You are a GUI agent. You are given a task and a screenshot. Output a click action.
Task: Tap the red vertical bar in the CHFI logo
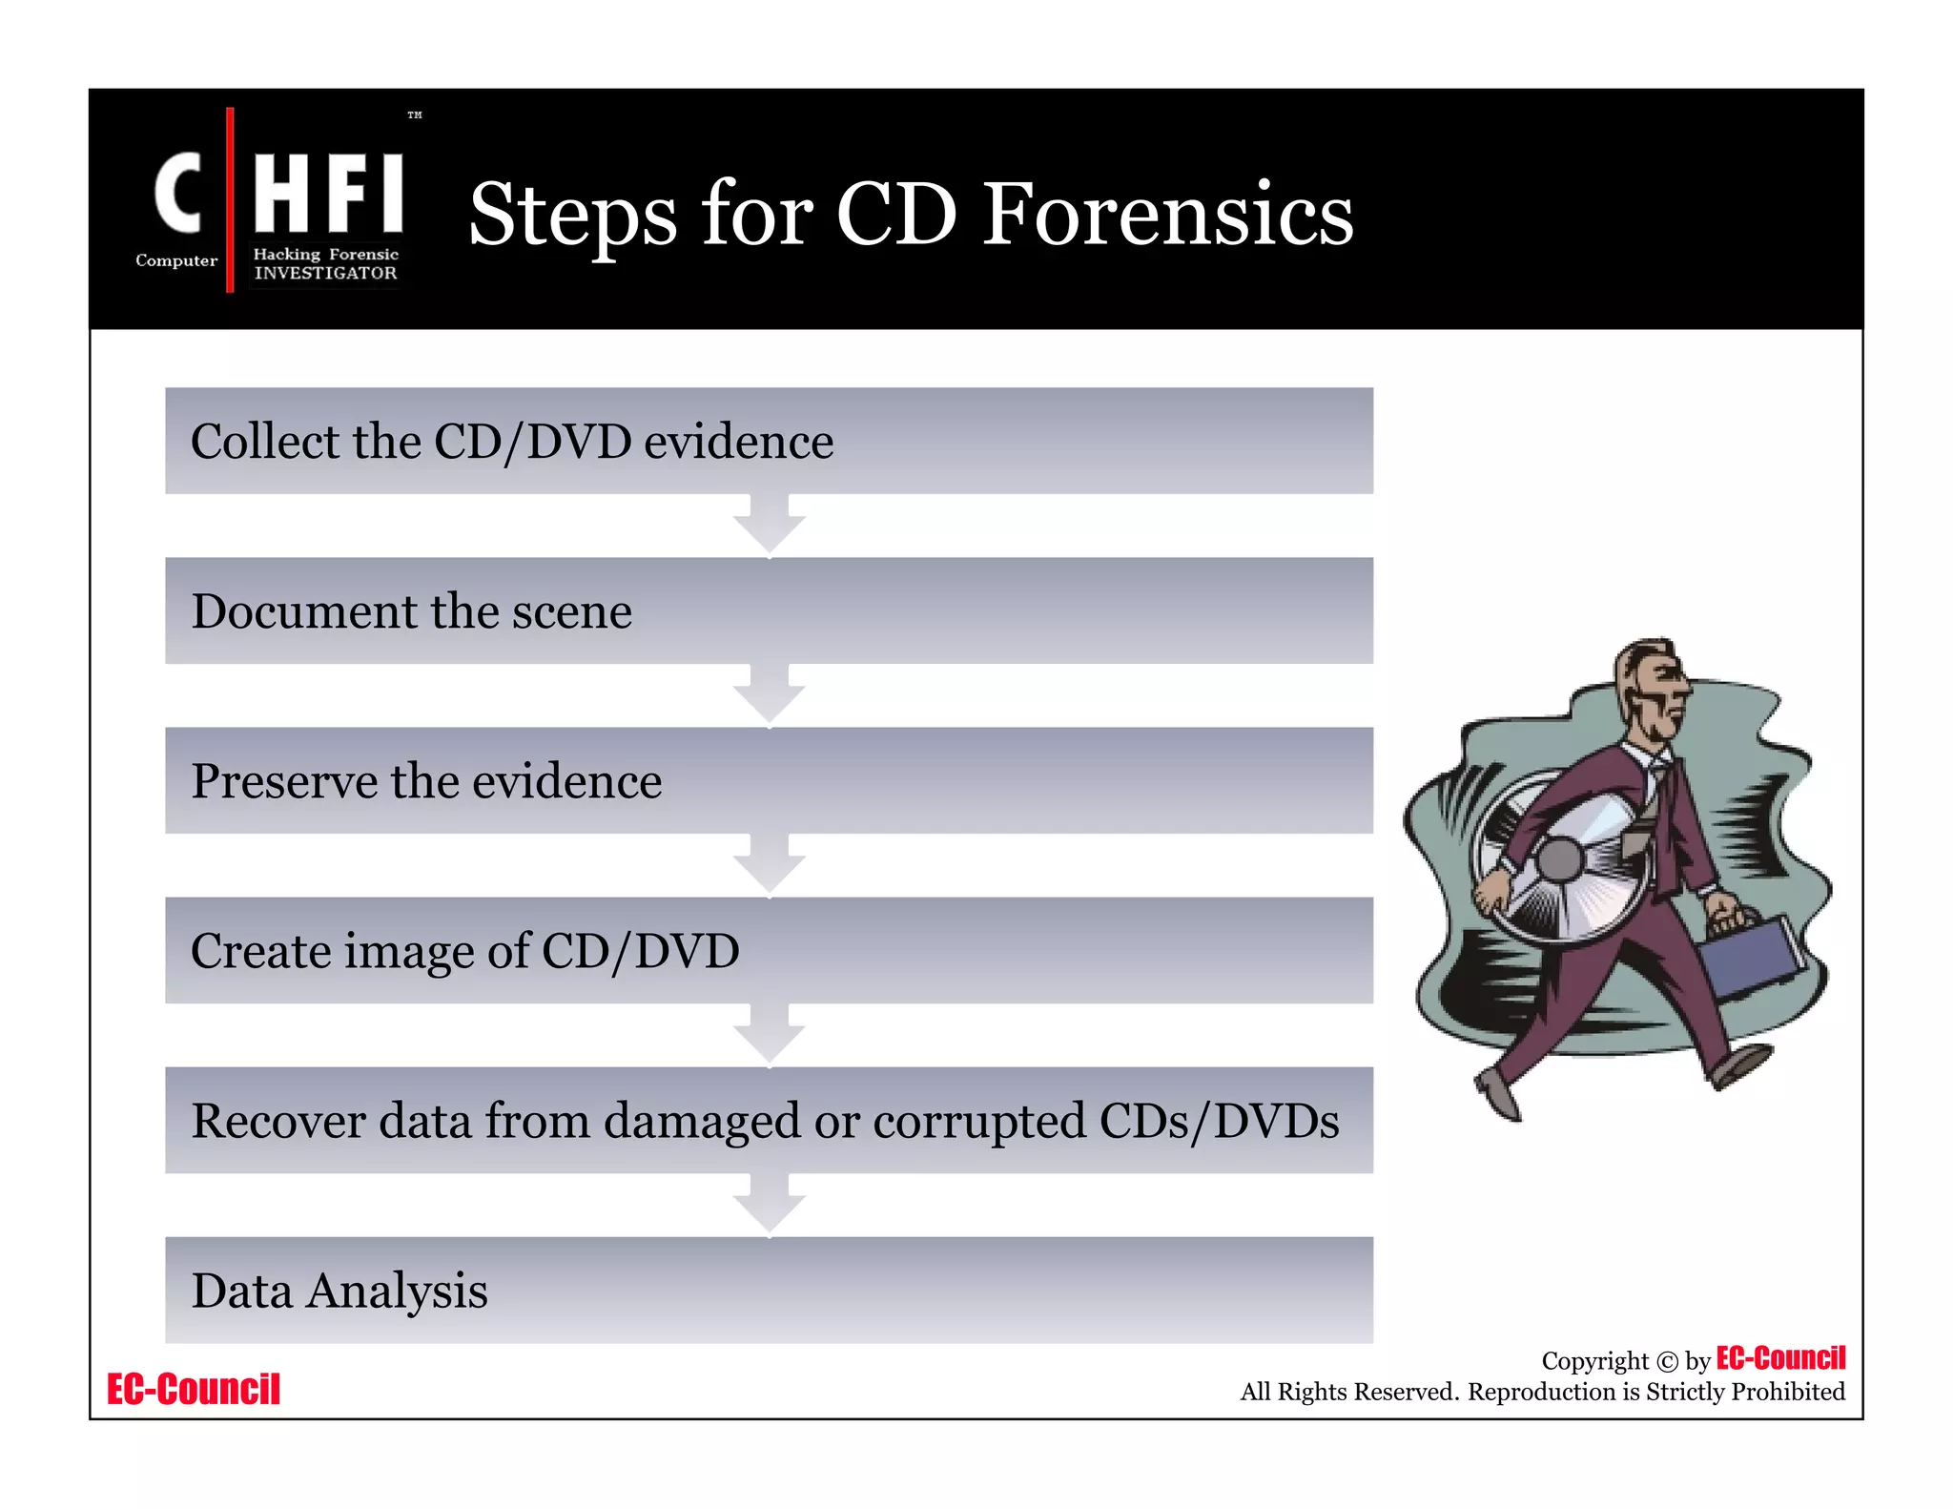tap(230, 199)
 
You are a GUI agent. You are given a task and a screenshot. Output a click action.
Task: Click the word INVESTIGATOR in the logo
tap(325, 273)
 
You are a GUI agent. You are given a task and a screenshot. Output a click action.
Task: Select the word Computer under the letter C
tap(176, 260)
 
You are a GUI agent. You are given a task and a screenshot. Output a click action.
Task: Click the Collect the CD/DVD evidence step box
tap(769, 441)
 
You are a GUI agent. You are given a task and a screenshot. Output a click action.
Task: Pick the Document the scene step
tap(769, 610)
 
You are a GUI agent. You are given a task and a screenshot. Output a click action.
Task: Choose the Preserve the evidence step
tap(769, 780)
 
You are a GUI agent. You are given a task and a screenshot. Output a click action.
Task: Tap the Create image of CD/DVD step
tap(769, 950)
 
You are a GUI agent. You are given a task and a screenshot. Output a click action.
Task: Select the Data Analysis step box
tap(769, 1290)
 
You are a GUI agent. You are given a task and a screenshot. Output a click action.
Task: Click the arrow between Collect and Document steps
tap(769, 526)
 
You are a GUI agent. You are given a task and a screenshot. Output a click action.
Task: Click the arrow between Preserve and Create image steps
tap(769, 865)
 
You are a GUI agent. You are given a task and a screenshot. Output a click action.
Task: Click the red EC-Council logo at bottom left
tap(194, 1389)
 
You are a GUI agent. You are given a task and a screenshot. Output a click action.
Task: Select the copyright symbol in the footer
tap(1666, 1361)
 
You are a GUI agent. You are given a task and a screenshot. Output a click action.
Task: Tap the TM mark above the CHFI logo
tap(415, 115)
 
